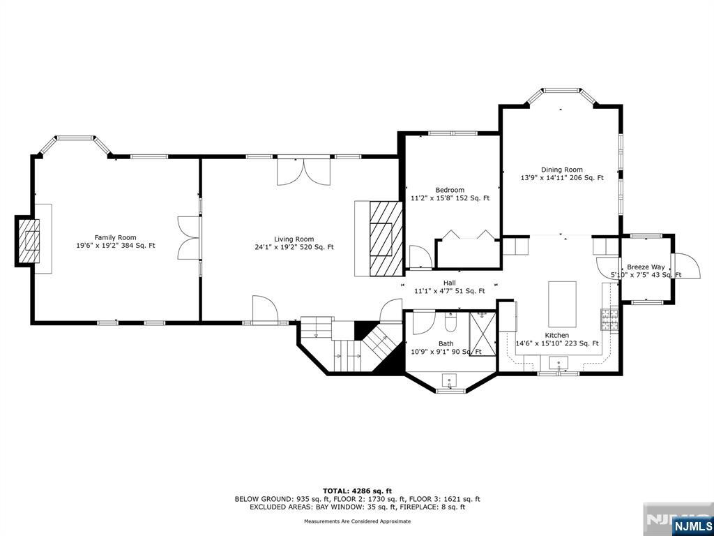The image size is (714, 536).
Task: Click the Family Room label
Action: click(x=116, y=237)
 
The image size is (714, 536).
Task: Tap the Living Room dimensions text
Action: click(x=294, y=247)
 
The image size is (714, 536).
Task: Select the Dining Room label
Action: click(x=561, y=170)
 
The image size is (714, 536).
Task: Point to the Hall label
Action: click(x=450, y=283)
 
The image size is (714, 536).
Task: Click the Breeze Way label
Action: click(x=646, y=267)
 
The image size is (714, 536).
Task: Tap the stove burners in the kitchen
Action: click(x=609, y=320)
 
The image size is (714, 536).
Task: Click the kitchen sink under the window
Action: click(x=559, y=363)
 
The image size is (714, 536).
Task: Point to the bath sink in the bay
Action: click(x=450, y=381)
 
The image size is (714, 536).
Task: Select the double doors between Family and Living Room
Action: click(x=189, y=238)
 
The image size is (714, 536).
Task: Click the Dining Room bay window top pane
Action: click(x=561, y=90)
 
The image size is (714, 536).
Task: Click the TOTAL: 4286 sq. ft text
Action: click(x=357, y=491)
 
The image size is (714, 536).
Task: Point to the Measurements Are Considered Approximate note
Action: click(x=357, y=521)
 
